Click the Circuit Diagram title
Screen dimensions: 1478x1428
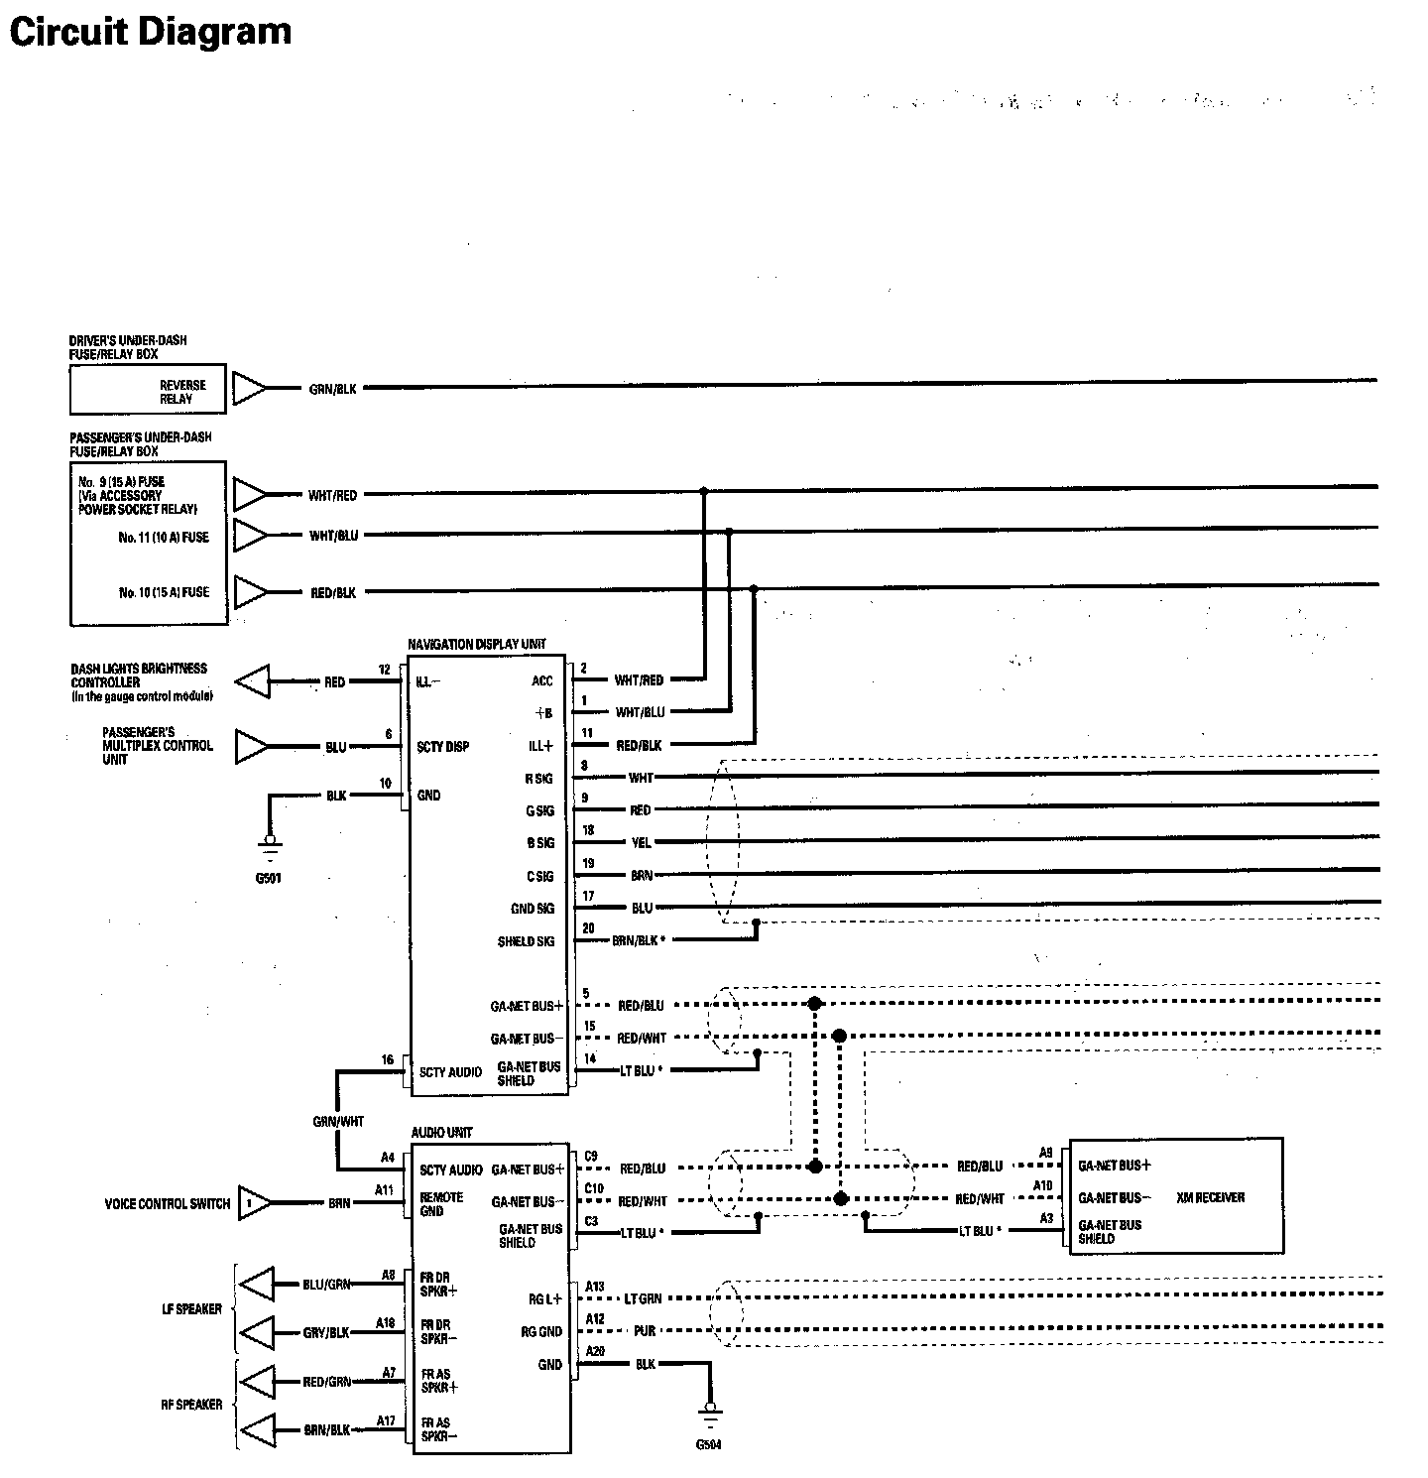[x=150, y=32]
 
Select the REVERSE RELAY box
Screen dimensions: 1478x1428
[x=148, y=391]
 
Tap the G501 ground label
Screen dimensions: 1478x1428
[x=268, y=878]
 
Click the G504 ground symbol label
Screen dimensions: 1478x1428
[x=708, y=1444]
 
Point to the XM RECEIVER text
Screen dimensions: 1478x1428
[x=1210, y=1197]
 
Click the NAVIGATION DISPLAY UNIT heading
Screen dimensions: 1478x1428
[x=476, y=644]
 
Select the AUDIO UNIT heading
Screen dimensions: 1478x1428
[x=441, y=1132]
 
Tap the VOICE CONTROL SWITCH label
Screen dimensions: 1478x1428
[x=167, y=1204]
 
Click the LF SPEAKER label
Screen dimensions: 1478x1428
[x=191, y=1309]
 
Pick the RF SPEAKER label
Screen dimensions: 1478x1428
[x=191, y=1405]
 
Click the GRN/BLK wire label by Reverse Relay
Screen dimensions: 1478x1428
[x=332, y=390]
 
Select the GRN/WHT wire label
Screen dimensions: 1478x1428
[x=338, y=1122]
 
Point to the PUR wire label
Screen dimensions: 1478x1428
[x=645, y=1331]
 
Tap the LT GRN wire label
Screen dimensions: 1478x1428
[x=643, y=1298]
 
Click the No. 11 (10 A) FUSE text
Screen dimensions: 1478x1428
[x=164, y=537]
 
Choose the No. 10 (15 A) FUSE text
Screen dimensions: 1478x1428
[x=164, y=592]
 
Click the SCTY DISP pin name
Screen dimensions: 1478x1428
[x=442, y=747]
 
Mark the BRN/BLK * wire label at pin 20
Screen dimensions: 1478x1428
[x=638, y=940]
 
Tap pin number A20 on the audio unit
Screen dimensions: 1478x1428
[x=595, y=1352]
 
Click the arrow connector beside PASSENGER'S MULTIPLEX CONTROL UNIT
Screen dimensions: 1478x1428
[x=252, y=747]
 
